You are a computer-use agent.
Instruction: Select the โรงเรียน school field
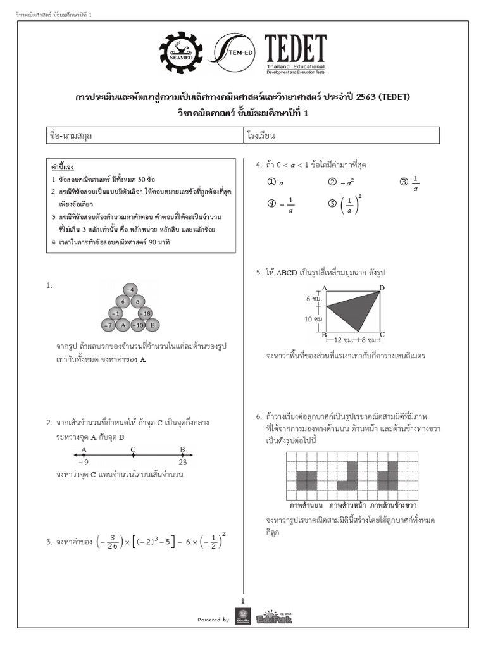tap(341, 135)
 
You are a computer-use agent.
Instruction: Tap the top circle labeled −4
tap(130, 290)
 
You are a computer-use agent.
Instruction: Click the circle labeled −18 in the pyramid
tap(144, 313)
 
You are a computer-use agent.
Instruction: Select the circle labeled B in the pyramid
tap(152, 325)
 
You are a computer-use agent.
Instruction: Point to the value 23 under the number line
tap(182, 463)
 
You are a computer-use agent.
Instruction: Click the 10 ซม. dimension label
tap(314, 319)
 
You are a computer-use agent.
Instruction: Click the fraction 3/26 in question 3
tap(109, 542)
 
